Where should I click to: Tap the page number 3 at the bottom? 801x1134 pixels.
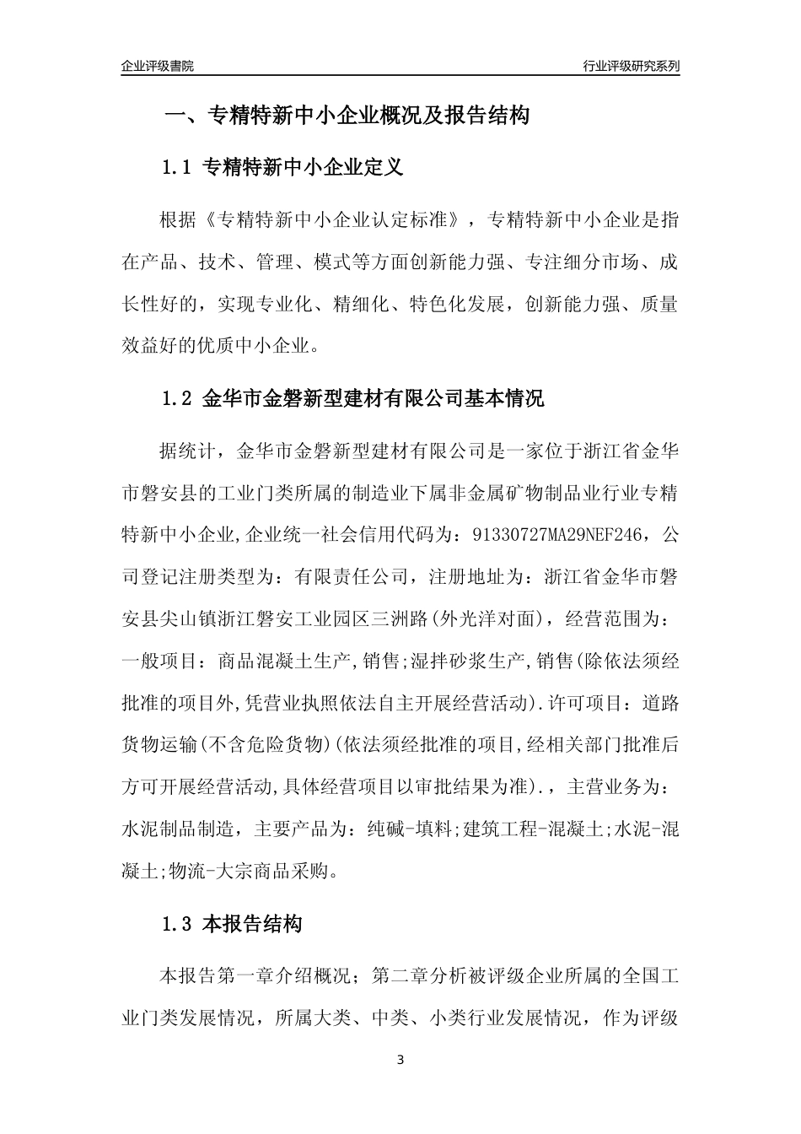point(400,1060)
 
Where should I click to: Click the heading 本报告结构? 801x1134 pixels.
point(253,924)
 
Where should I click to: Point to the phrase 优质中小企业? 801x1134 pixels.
point(264,344)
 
